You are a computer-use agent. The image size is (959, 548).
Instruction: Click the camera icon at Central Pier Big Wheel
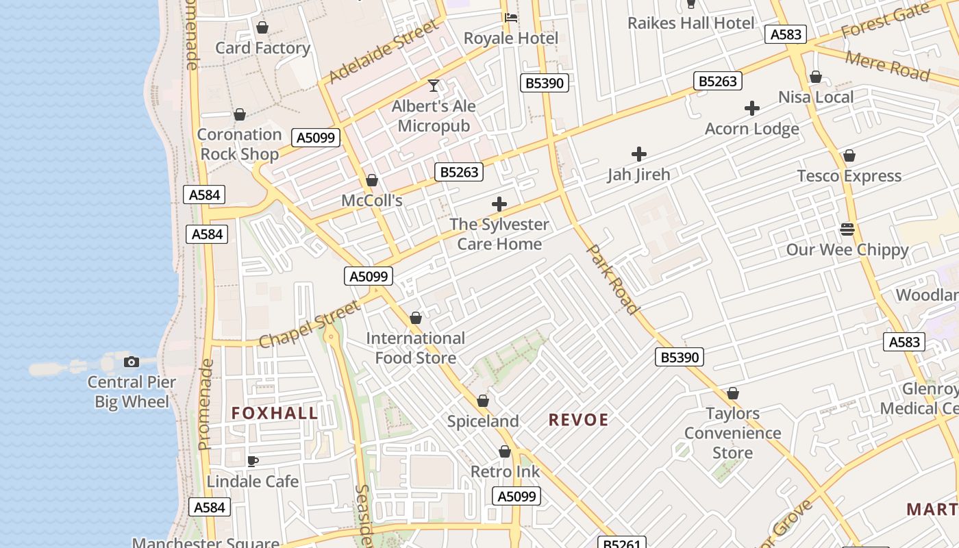tap(132, 362)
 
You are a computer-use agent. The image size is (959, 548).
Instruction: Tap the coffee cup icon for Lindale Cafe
tap(253, 461)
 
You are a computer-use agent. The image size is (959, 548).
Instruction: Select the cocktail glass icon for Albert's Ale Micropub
tap(434, 86)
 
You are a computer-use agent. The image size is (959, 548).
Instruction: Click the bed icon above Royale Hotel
tap(511, 18)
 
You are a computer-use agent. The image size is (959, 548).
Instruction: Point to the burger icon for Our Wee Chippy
tap(847, 229)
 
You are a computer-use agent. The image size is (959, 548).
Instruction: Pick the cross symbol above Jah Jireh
tap(638, 154)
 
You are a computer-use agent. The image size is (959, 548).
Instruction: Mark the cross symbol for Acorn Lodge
tap(752, 108)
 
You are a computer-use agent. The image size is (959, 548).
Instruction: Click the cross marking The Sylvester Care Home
tap(499, 204)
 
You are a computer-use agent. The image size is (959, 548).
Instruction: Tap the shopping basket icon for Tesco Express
tap(849, 155)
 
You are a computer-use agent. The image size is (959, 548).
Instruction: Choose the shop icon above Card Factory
tap(262, 28)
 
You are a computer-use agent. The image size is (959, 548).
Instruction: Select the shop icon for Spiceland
tap(483, 401)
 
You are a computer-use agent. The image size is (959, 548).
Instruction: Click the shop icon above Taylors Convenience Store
tap(733, 394)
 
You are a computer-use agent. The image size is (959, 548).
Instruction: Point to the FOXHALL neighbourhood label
tap(275, 413)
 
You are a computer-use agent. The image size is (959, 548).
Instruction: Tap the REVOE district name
tap(579, 420)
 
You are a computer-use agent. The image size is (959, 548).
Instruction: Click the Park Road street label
tap(614, 279)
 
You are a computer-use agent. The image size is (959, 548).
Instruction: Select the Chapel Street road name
tap(310, 323)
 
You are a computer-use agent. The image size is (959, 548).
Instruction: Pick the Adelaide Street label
tap(383, 51)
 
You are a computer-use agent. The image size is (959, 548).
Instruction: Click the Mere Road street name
tap(887, 65)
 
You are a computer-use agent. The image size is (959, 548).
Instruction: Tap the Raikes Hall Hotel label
tap(690, 23)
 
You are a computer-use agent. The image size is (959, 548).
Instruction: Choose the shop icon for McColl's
tap(372, 180)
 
